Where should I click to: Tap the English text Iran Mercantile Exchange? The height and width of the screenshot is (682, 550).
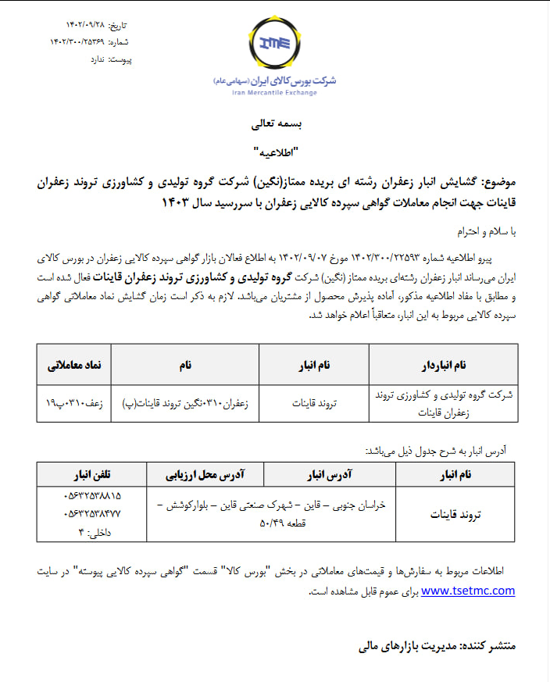(274, 93)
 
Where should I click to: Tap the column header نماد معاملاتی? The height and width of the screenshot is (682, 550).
(75, 365)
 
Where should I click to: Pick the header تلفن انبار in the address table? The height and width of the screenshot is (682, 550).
(91, 474)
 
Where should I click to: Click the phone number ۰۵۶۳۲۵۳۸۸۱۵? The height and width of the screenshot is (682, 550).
(92, 496)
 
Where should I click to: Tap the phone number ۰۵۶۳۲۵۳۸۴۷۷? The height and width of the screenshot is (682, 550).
(92, 514)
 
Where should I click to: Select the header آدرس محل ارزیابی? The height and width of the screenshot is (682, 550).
(205, 474)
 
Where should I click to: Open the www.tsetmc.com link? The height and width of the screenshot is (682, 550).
(467, 591)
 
